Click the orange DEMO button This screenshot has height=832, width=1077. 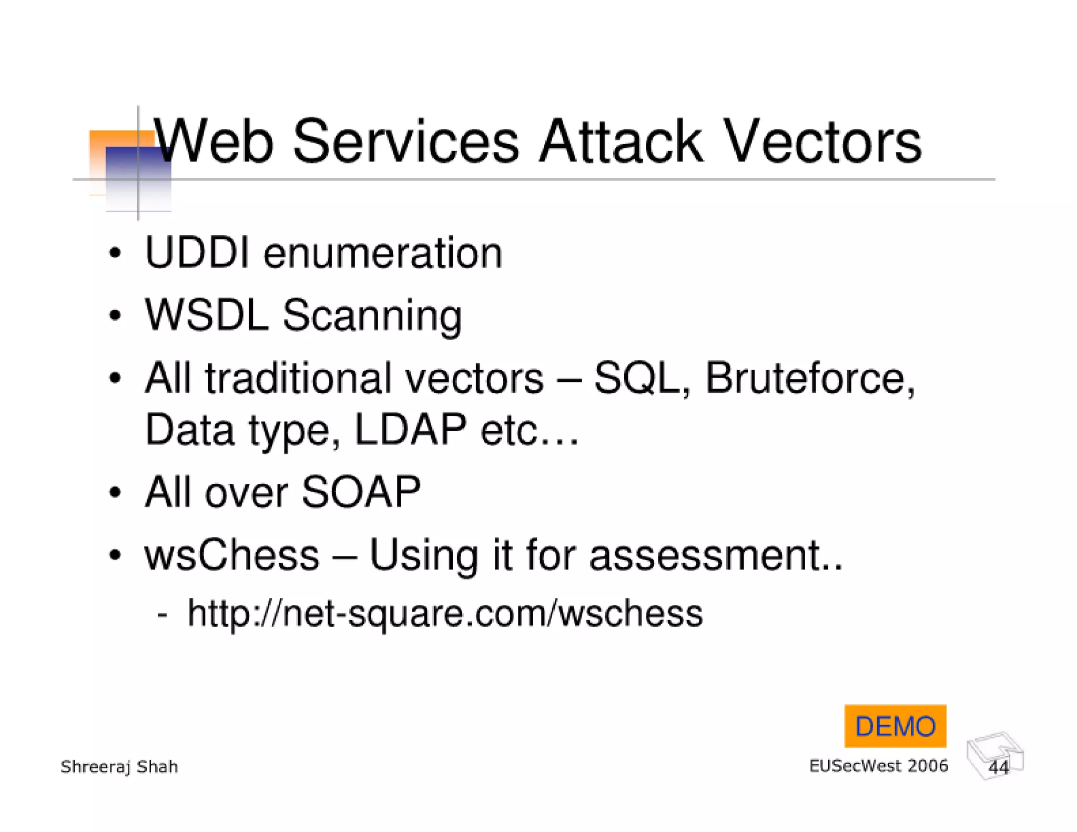point(895,726)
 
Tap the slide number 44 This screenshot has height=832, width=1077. point(998,767)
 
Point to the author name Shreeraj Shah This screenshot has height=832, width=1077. point(119,767)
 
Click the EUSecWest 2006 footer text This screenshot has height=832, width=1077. point(878,766)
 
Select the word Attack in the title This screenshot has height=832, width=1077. point(621,141)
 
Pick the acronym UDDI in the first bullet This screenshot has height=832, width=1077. point(197,253)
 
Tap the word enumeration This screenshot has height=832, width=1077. point(383,254)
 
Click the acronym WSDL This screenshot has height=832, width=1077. point(207,315)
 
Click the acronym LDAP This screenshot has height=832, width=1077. point(410,429)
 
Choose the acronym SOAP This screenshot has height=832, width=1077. point(361,492)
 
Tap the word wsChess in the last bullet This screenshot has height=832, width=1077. point(232,555)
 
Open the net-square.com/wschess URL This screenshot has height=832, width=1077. point(445,613)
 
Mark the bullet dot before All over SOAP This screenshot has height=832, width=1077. point(115,493)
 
